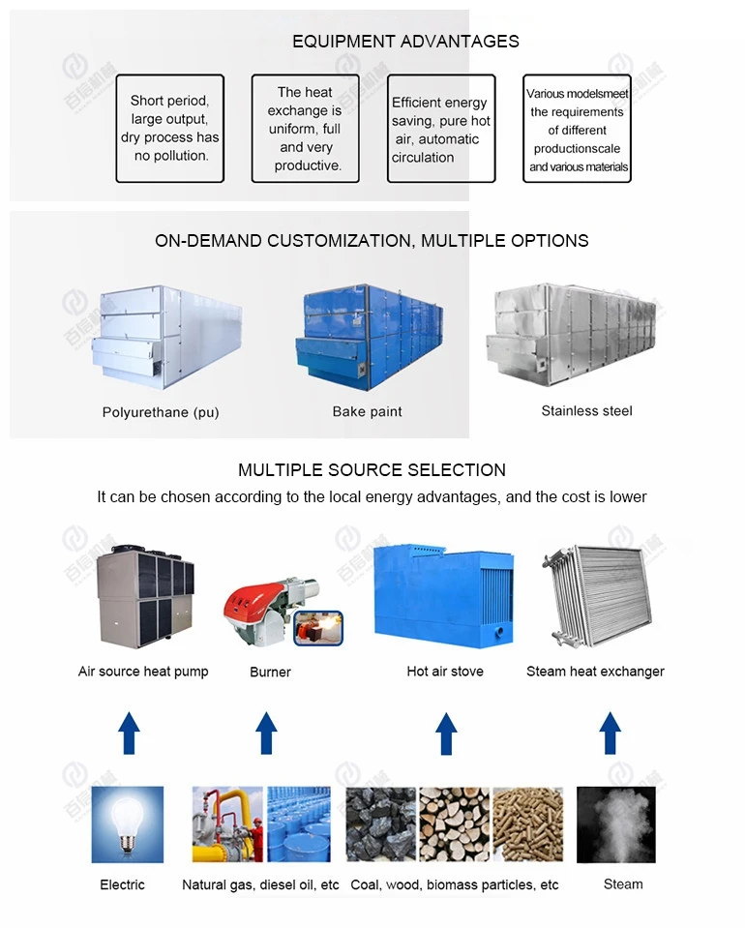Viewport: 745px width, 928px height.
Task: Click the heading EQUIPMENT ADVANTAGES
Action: point(405,42)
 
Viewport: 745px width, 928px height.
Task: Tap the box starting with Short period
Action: point(170,128)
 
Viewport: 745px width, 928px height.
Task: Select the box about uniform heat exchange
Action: point(305,129)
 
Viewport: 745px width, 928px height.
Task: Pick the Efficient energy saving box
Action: point(440,129)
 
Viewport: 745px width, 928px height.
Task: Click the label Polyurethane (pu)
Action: point(161,412)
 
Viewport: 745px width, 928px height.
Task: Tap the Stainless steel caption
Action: point(586,411)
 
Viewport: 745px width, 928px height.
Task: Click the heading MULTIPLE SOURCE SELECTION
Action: point(372,470)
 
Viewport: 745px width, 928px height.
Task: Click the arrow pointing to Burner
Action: point(266,733)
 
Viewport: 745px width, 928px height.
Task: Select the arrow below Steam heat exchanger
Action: point(610,733)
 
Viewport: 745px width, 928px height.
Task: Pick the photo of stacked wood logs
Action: point(454,823)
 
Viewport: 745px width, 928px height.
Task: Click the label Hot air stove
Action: point(445,672)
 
